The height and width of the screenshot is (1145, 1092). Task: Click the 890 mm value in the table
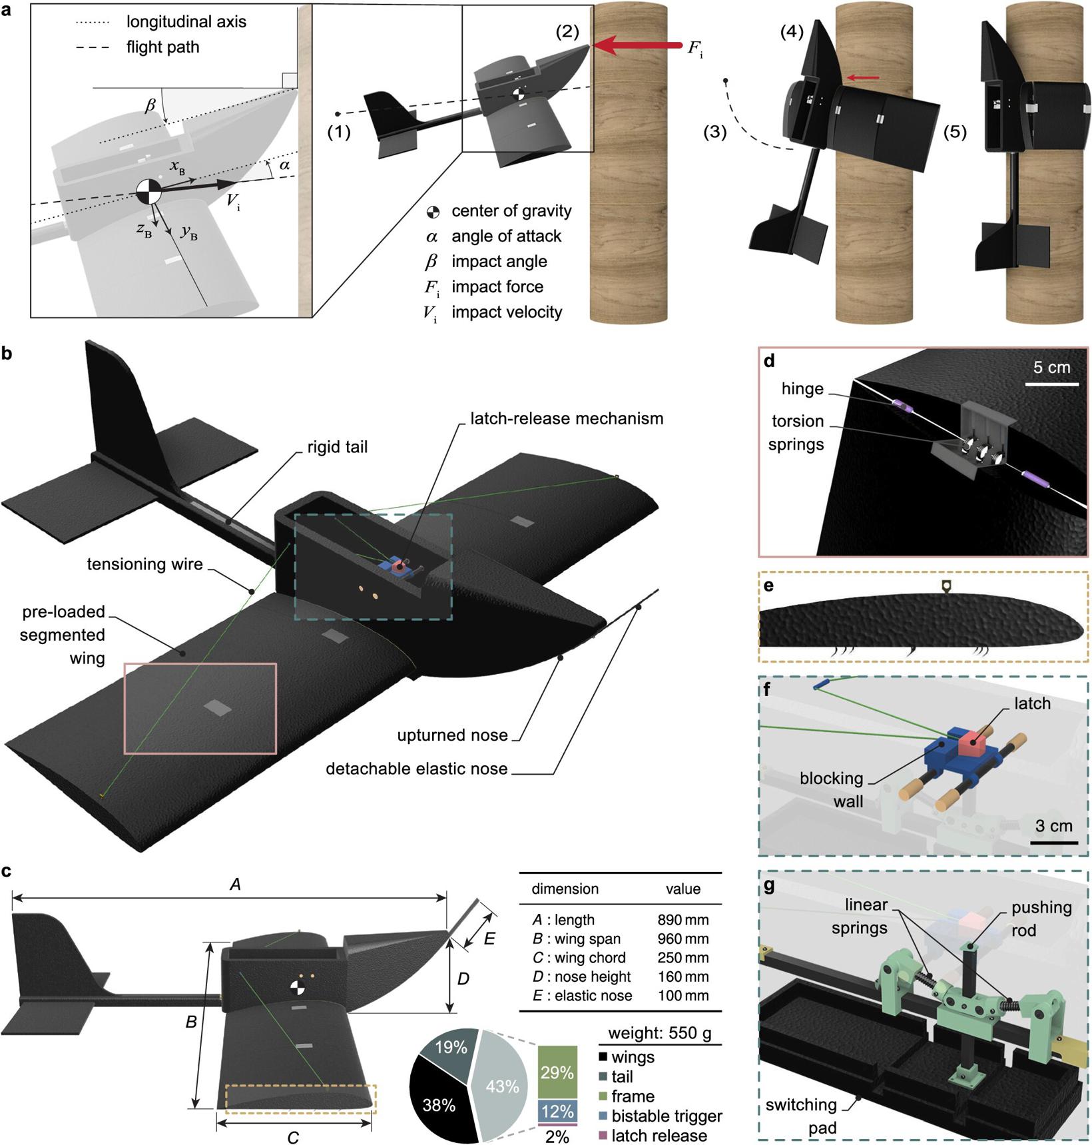point(682,920)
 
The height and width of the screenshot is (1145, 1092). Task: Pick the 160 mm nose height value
point(682,976)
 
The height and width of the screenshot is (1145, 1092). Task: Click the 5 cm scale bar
point(1051,384)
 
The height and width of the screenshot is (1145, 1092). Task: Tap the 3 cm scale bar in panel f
point(1053,843)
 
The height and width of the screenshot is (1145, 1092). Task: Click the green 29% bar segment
point(557,1072)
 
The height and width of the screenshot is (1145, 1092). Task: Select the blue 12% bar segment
point(557,1110)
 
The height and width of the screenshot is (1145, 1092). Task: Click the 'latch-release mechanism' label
point(567,418)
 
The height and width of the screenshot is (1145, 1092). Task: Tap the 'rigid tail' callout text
point(337,446)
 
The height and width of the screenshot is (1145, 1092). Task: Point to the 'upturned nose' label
point(452,735)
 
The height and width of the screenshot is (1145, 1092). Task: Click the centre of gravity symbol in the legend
point(433,212)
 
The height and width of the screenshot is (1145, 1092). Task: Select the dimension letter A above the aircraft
point(234,885)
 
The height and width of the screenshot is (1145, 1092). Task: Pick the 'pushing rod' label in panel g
point(1041,918)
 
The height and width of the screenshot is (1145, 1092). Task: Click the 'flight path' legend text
point(162,47)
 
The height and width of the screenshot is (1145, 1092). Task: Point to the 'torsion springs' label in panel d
point(796,432)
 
